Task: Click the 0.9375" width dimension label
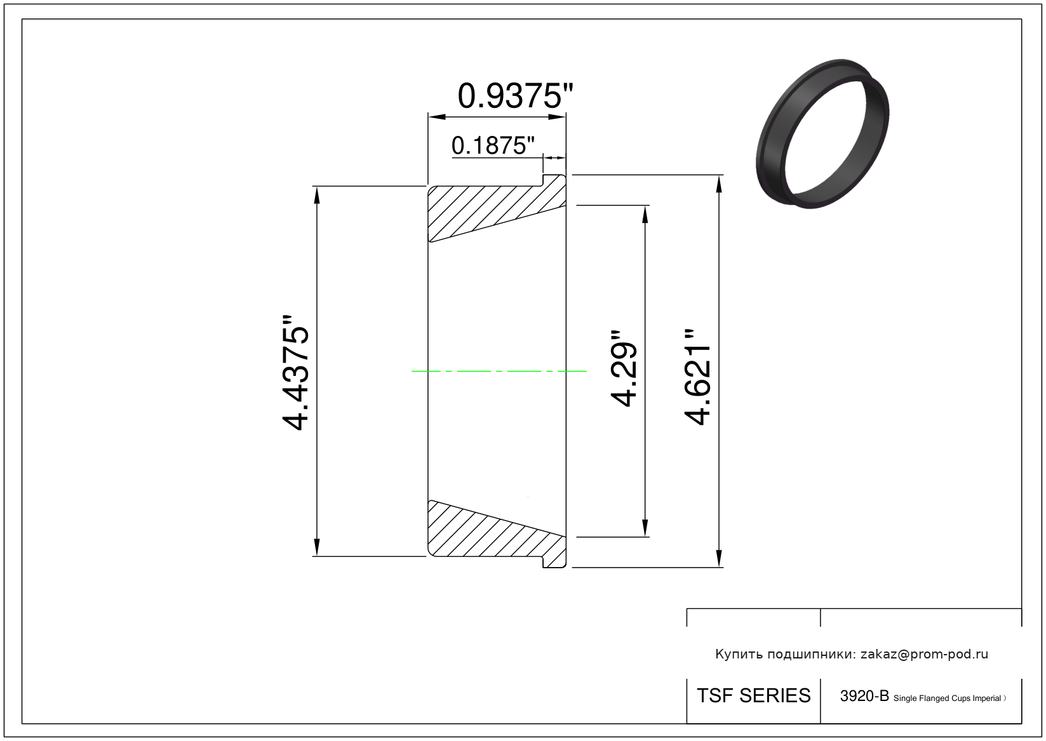point(515,96)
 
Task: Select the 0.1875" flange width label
point(493,145)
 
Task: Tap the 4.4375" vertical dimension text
point(295,373)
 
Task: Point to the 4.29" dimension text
point(624,369)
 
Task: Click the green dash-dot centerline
point(499,371)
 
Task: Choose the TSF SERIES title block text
point(754,696)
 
